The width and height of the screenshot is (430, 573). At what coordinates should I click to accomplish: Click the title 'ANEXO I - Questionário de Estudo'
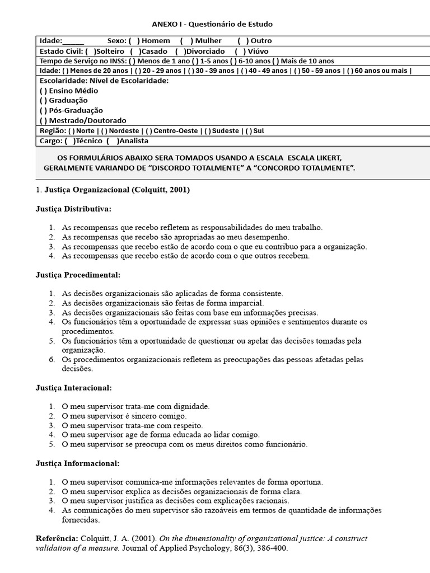click(212, 25)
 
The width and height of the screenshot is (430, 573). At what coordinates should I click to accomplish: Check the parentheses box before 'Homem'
click(132, 41)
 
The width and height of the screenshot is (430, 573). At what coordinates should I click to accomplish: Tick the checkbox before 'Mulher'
click(185, 41)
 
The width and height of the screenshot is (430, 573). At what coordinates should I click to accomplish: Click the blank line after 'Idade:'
click(73, 41)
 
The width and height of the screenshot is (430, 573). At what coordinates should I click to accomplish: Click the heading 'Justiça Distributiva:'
click(73, 209)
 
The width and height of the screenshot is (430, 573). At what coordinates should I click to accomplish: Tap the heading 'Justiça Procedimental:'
click(78, 275)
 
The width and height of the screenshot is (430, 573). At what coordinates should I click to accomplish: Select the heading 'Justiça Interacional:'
click(73, 387)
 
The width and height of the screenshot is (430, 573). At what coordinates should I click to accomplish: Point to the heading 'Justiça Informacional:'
click(77, 463)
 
